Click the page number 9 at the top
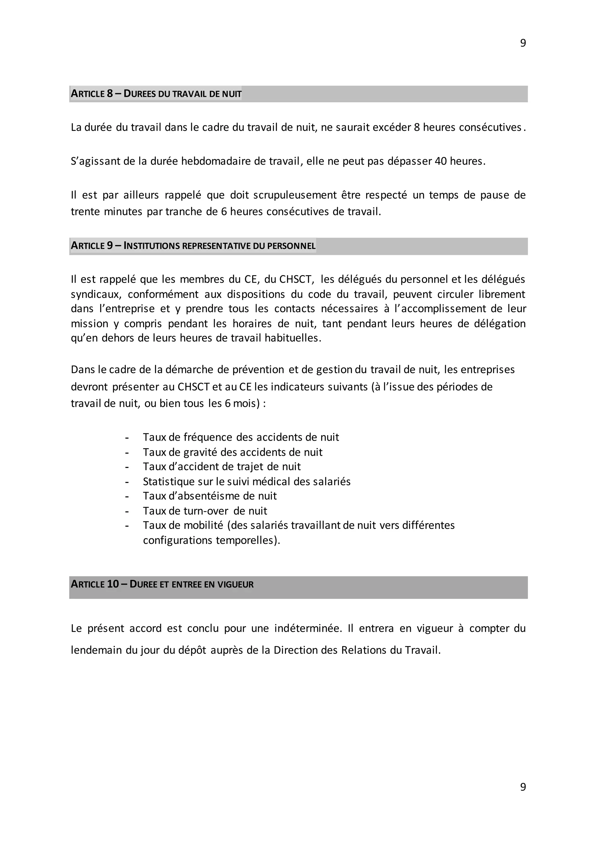[523, 43]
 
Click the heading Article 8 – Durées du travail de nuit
[156, 94]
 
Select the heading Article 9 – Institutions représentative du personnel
[193, 246]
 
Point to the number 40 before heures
[440, 161]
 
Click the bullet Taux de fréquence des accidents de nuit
[241, 437]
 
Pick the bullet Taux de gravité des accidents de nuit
[232, 452]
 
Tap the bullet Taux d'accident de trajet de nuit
[222, 467]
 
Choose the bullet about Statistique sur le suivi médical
[247, 481]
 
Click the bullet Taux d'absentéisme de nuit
[210, 496]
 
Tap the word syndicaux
[96, 294]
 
